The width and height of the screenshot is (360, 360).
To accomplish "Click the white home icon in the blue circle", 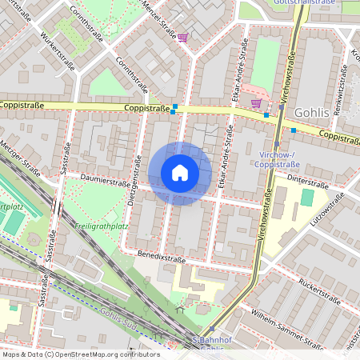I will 180,173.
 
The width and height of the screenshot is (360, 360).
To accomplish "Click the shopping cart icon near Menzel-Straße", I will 182,37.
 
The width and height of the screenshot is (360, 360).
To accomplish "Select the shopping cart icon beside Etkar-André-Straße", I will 255,103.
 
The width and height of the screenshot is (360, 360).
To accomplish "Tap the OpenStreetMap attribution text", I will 80,354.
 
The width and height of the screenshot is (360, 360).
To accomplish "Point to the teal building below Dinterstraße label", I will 307,197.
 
